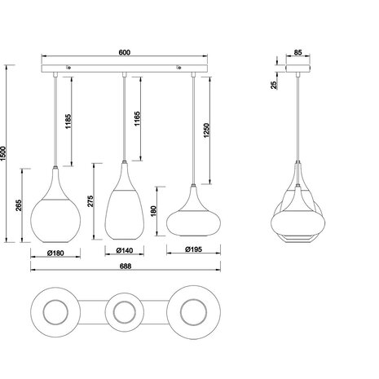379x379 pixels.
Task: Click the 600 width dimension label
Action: [x=124, y=53]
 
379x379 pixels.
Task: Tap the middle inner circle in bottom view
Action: [x=124, y=311]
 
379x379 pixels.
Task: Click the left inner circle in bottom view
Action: [x=55, y=311]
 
